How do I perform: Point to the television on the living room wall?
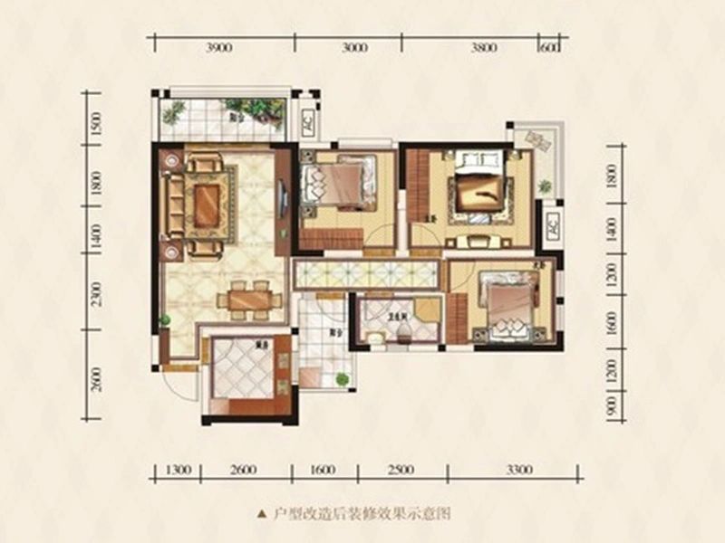coord(285,195)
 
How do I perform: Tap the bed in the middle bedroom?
coord(342,182)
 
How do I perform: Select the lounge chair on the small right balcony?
coord(540,141)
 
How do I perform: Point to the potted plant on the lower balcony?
coord(342,380)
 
